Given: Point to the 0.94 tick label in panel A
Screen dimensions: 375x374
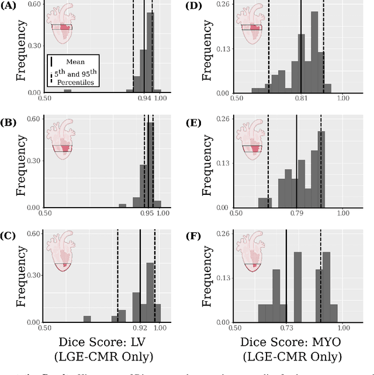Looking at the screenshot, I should [x=144, y=99].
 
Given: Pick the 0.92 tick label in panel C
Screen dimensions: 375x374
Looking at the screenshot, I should [x=140, y=329].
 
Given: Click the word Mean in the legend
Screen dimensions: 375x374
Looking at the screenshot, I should [x=75, y=60].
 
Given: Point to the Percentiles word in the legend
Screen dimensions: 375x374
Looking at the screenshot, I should [x=75, y=82].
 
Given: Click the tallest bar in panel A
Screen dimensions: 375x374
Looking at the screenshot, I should [x=150, y=53].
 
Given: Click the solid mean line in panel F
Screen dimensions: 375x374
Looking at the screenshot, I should [x=286, y=275].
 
